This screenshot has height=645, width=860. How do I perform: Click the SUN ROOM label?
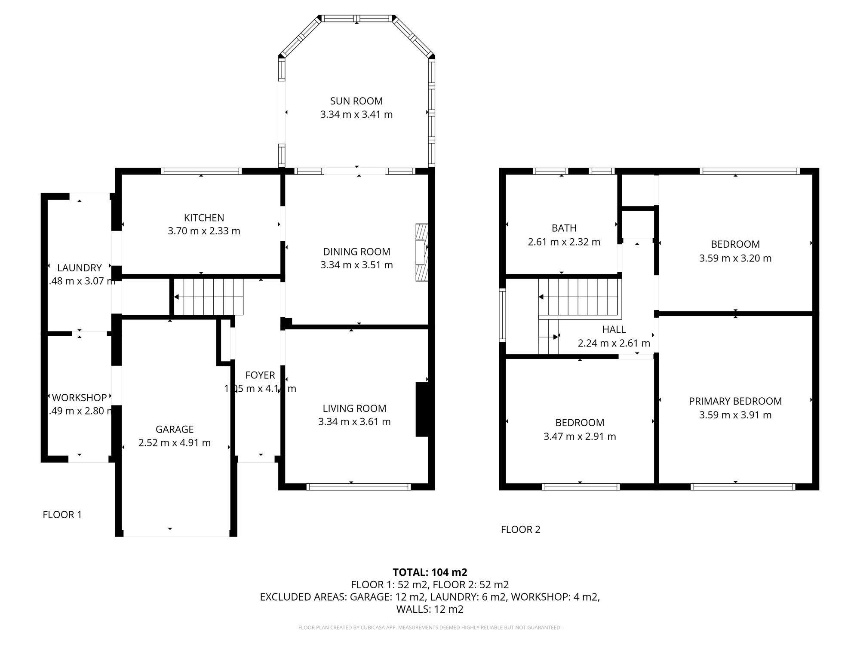pos(356,101)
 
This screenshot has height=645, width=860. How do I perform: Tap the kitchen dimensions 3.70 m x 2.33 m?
pos(204,231)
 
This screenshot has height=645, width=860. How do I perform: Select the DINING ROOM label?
pos(356,252)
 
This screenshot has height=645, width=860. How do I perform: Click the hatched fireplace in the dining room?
pos(422,252)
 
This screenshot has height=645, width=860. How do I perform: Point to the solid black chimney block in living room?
pos(422,409)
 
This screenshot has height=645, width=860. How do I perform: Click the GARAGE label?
pos(175,429)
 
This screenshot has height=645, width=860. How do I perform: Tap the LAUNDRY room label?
pos(80,268)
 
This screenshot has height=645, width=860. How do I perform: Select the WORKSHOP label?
pos(80,398)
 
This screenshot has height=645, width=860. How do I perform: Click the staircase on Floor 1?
pos(209,297)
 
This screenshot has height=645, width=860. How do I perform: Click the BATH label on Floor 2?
pos(564,228)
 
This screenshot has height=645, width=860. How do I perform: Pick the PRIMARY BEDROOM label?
pos(735,401)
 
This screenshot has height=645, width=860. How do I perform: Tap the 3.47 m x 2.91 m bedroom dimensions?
pos(580,436)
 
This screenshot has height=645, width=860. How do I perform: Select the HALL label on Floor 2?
pos(614,329)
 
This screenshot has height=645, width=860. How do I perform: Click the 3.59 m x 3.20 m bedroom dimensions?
pos(735,258)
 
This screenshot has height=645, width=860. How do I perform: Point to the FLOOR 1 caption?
pos(62,515)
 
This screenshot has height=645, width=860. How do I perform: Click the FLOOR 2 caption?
pos(520,530)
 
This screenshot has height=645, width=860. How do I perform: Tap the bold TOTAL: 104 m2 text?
pos(430,572)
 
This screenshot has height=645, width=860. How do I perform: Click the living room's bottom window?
pos(359,487)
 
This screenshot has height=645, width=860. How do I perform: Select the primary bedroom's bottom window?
pos(743,487)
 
